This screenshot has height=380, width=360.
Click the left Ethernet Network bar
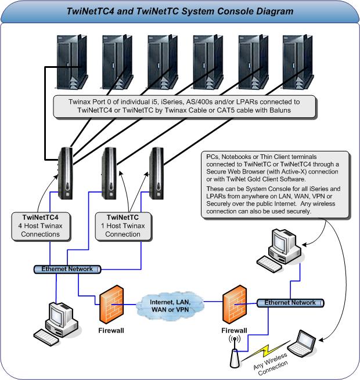(69, 269)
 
